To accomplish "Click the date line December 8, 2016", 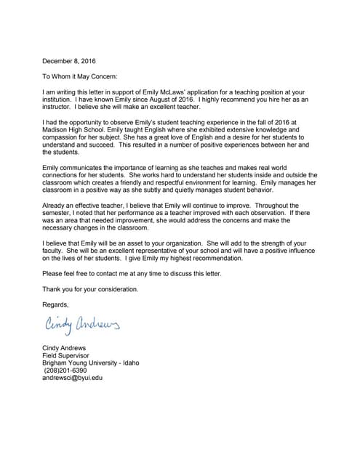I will click(69, 60).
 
